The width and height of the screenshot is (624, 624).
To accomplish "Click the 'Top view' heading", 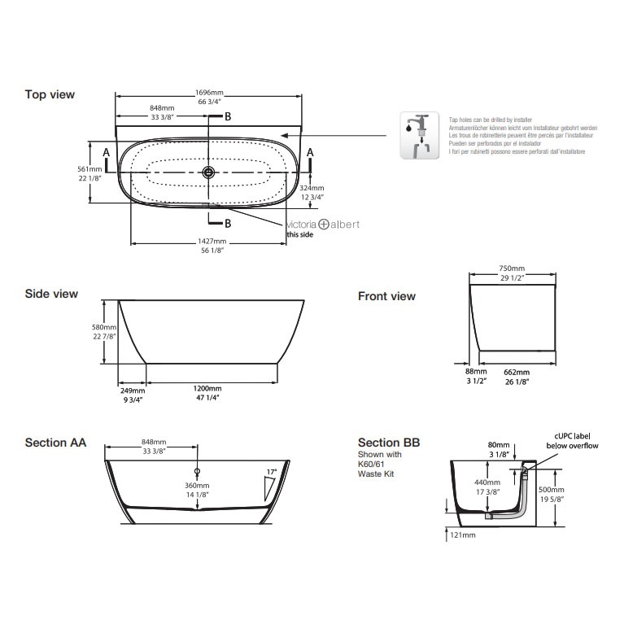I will pos(50,94).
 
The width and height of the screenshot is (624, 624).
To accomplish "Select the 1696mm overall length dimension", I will pos(210,92).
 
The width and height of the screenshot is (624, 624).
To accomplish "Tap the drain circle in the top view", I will pos(209,172).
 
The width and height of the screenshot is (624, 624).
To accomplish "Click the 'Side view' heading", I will pos(51,294).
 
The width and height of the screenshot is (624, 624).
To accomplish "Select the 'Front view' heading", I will pos(386,296).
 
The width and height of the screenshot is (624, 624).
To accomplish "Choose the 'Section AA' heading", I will pos(55,443).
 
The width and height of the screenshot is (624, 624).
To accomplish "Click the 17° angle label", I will pos(272,472).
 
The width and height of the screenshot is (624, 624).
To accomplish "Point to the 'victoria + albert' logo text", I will pos(322,225).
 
